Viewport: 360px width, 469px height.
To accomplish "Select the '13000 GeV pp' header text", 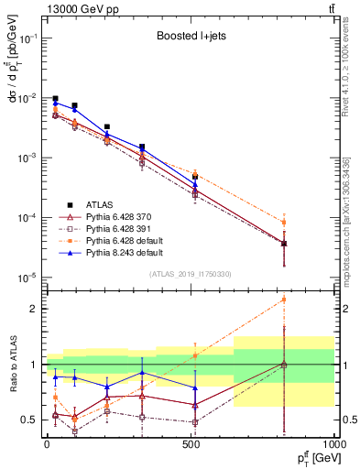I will (65, 8).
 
